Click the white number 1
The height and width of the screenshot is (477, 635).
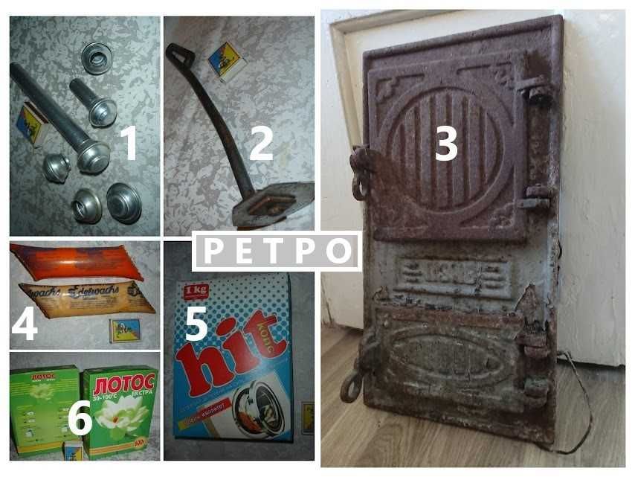pos(129,144)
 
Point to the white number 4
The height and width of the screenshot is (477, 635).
pos(25,324)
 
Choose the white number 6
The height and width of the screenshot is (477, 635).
pos(80,420)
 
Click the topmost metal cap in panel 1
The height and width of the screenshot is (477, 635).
pos(97,58)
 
